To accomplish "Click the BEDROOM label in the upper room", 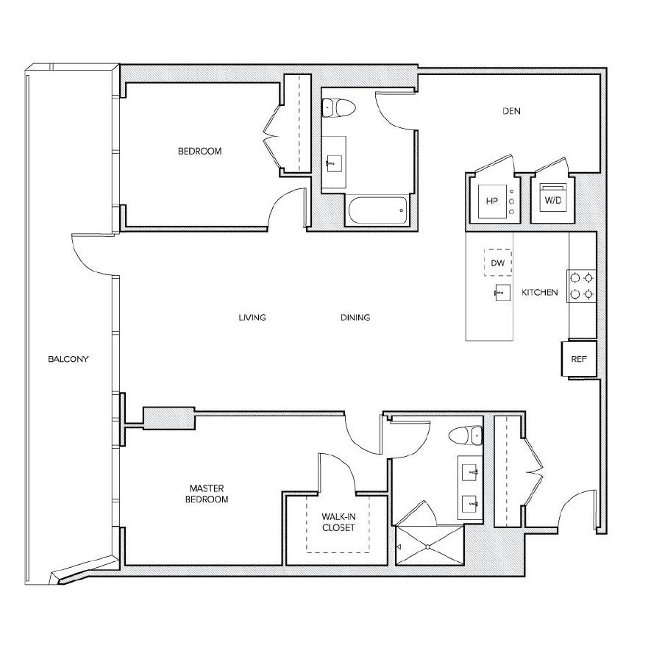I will [x=199, y=152].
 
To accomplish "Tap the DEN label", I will [x=511, y=112].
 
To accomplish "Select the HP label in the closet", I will [x=491, y=201].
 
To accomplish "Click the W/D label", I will [x=551, y=200].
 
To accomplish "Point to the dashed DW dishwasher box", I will [x=498, y=263].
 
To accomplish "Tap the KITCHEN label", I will [x=540, y=293].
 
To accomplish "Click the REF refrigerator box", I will [x=578, y=360].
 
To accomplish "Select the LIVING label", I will [x=252, y=318].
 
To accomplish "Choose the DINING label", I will [x=355, y=318].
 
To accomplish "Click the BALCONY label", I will [x=68, y=360].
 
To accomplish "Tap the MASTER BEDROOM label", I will [x=208, y=494].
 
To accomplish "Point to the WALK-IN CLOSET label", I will [x=338, y=522].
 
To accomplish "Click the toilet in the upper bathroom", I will [x=339, y=108].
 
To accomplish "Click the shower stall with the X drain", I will [x=429, y=546].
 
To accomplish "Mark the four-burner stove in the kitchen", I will [x=581, y=286].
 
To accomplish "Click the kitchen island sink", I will [x=503, y=293].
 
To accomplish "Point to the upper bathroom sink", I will [x=336, y=163].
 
